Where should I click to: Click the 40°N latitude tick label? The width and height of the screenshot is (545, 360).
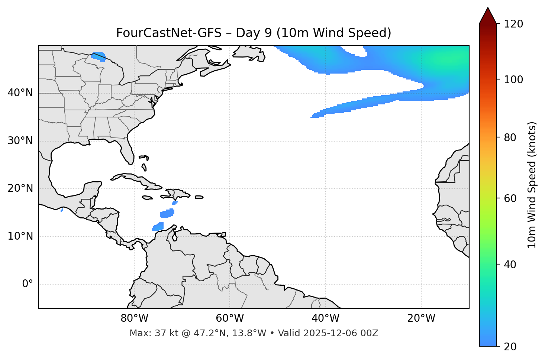click(20, 93)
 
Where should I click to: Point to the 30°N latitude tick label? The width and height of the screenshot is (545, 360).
click(20, 141)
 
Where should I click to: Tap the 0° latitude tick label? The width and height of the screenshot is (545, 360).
click(28, 284)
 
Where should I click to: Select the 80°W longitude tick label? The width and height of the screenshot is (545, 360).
click(134, 318)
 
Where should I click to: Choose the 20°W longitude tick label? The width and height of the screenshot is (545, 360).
click(421, 318)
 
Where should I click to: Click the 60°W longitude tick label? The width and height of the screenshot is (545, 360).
click(230, 318)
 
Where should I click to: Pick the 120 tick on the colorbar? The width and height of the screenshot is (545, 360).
click(513, 24)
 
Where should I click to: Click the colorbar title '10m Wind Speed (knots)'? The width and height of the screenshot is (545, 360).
click(532, 185)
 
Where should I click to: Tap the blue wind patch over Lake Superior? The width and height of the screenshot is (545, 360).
click(99, 56)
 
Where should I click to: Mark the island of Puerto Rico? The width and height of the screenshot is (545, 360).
click(199, 197)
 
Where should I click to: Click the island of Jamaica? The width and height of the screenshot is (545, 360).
click(147, 198)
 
